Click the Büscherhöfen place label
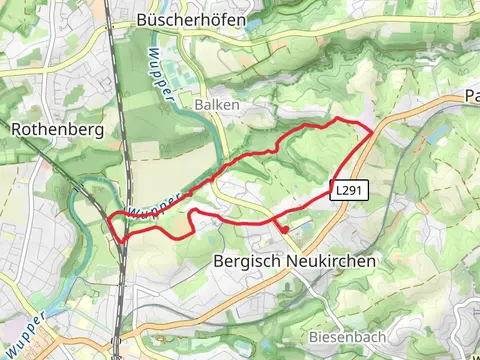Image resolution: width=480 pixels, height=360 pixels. [x=192, y=21]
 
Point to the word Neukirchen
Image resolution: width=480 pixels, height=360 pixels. [x=326, y=260]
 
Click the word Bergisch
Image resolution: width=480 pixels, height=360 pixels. [x=244, y=260]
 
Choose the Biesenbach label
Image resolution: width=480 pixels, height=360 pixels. [x=346, y=335]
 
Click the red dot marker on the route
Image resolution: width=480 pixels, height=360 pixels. [x=285, y=230]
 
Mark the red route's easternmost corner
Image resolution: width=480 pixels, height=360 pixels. [x=373, y=131]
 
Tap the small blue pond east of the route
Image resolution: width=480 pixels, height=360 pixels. [x=415, y=147]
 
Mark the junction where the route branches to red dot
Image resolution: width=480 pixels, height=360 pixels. [x=274, y=219]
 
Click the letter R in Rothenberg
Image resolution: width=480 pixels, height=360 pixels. [x=16, y=129]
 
